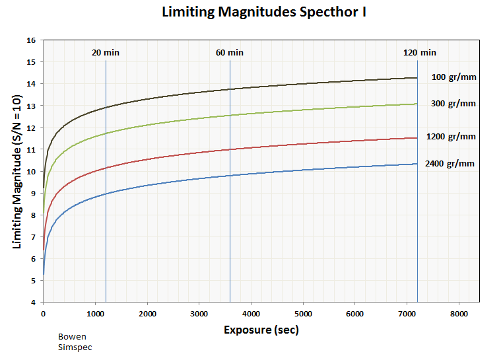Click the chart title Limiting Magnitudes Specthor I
pyautogui.click(x=264, y=13)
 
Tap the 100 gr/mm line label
pyautogui.click(x=453, y=77)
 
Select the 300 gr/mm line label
pyautogui.click(x=453, y=104)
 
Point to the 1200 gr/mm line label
pyautogui.click(x=451, y=137)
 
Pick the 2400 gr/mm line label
pyautogui.click(x=451, y=164)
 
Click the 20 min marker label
pyautogui.click(x=106, y=53)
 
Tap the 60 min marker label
pyautogui.click(x=230, y=53)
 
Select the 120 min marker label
pyautogui.click(x=420, y=53)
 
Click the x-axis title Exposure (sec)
pyautogui.click(x=261, y=330)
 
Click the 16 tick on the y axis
pyautogui.click(x=31, y=40)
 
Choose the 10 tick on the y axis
pyautogui.click(x=31, y=171)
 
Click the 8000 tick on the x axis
pyautogui.click(x=459, y=314)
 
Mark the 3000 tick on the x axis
pyautogui.click(x=199, y=314)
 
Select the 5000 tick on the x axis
pyautogui.click(x=303, y=314)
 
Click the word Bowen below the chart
pyautogui.click(x=72, y=337)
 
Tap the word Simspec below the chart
pyautogui.click(x=75, y=347)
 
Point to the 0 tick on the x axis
pyautogui.click(x=43, y=314)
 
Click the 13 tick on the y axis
pyautogui.click(x=31, y=106)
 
